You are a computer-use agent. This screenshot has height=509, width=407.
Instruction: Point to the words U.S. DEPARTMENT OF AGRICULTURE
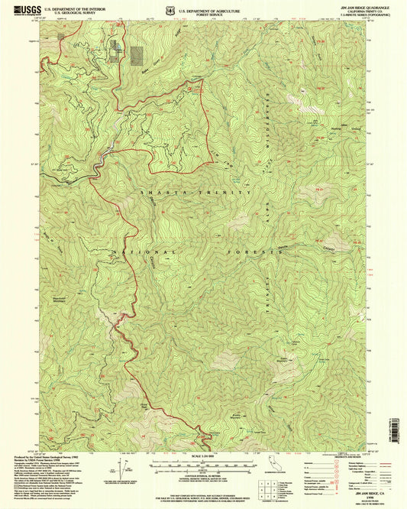(x=241, y=7)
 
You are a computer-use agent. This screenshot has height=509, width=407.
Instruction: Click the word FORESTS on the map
(x=243, y=251)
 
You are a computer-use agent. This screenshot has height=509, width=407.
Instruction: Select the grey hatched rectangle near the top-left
(x=137, y=54)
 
